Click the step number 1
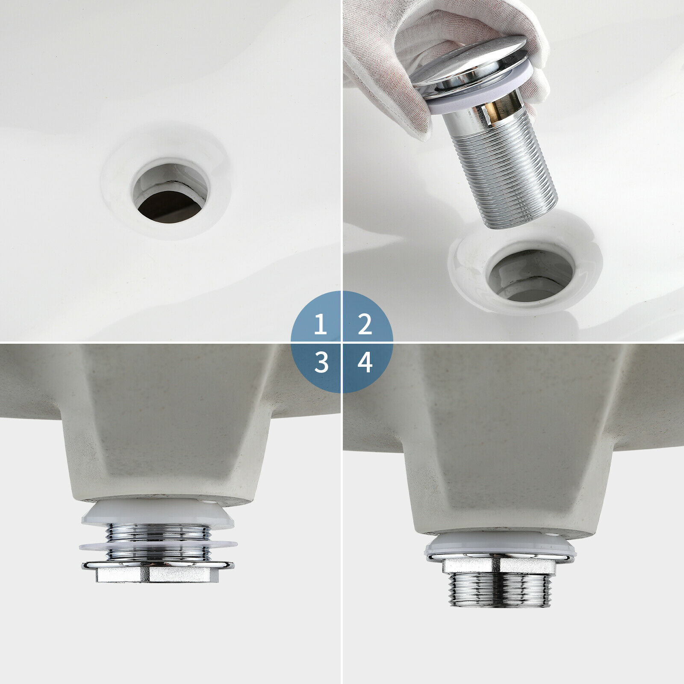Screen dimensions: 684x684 (x=320, y=325)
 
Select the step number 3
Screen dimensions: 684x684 (x=321, y=363)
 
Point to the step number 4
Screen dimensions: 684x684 (x=365, y=363)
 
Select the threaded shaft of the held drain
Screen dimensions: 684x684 (x=509, y=171)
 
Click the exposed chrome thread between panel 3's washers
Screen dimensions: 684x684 (x=158, y=532)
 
